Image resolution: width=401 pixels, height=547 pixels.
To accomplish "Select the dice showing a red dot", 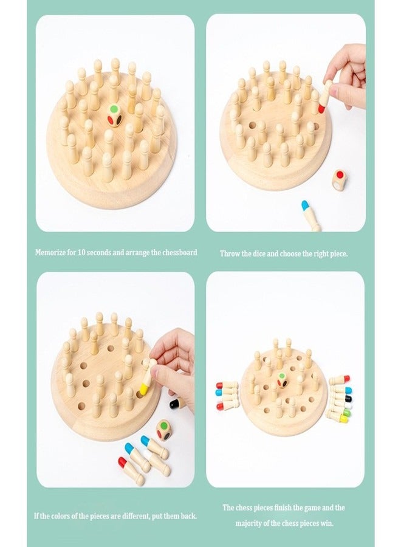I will click(x=339, y=179).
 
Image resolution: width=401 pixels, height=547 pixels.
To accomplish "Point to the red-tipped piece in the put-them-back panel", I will click(x=131, y=471).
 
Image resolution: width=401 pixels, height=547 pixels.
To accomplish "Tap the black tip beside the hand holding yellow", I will click(x=178, y=402).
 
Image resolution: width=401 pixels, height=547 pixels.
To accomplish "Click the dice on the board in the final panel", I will click(x=283, y=380).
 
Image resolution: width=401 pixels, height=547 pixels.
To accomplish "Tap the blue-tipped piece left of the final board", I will click(x=227, y=393).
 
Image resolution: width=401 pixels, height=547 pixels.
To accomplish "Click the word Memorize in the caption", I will click(x=52, y=252).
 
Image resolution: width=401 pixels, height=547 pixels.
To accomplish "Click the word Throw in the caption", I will click(x=230, y=253).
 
